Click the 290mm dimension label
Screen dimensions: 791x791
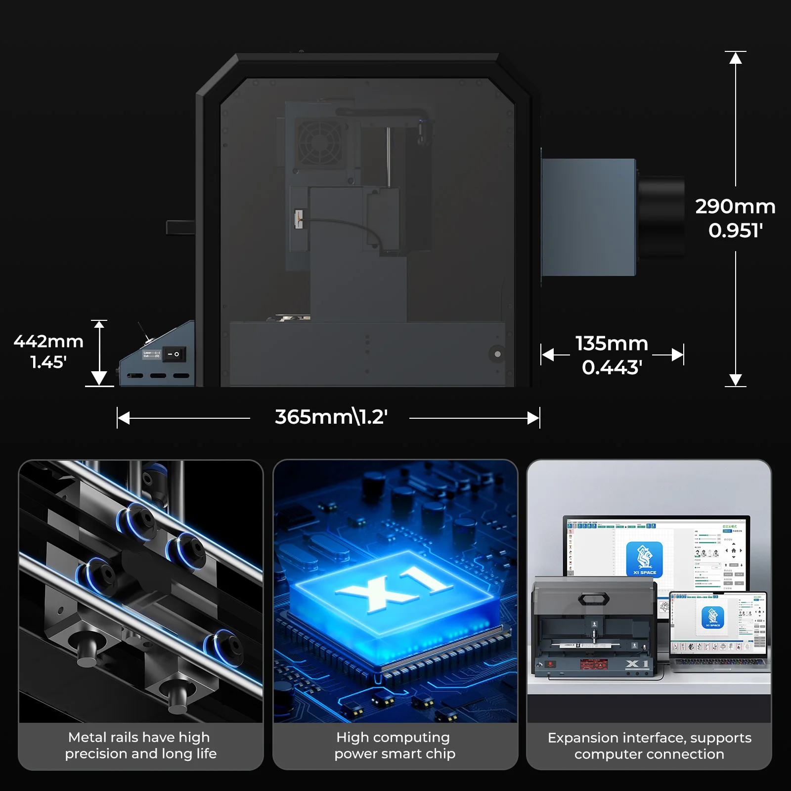(x=735, y=207)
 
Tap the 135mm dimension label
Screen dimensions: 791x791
(x=612, y=344)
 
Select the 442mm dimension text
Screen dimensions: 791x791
(x=48, y=342)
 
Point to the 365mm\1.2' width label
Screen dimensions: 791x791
(x=331, y=417)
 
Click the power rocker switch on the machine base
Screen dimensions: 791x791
(x=174, y=354)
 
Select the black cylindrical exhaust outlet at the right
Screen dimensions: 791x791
(x=661, y=217)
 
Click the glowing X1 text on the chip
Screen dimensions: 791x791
(x=394, y=586)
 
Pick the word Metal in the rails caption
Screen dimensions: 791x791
(x=87, y=738)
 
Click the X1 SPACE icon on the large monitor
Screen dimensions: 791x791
(x=644, y=559)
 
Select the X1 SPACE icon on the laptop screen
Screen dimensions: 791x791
(x=712, y=617)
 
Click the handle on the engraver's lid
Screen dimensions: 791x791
(x=593, y=599)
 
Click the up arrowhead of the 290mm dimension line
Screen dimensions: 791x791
(x=736, y=58)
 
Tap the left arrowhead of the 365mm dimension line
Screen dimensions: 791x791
(x=124, y=418)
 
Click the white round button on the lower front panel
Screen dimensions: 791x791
(x=497, y=354)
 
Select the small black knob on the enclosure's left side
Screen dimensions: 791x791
(x=180, y=227)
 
